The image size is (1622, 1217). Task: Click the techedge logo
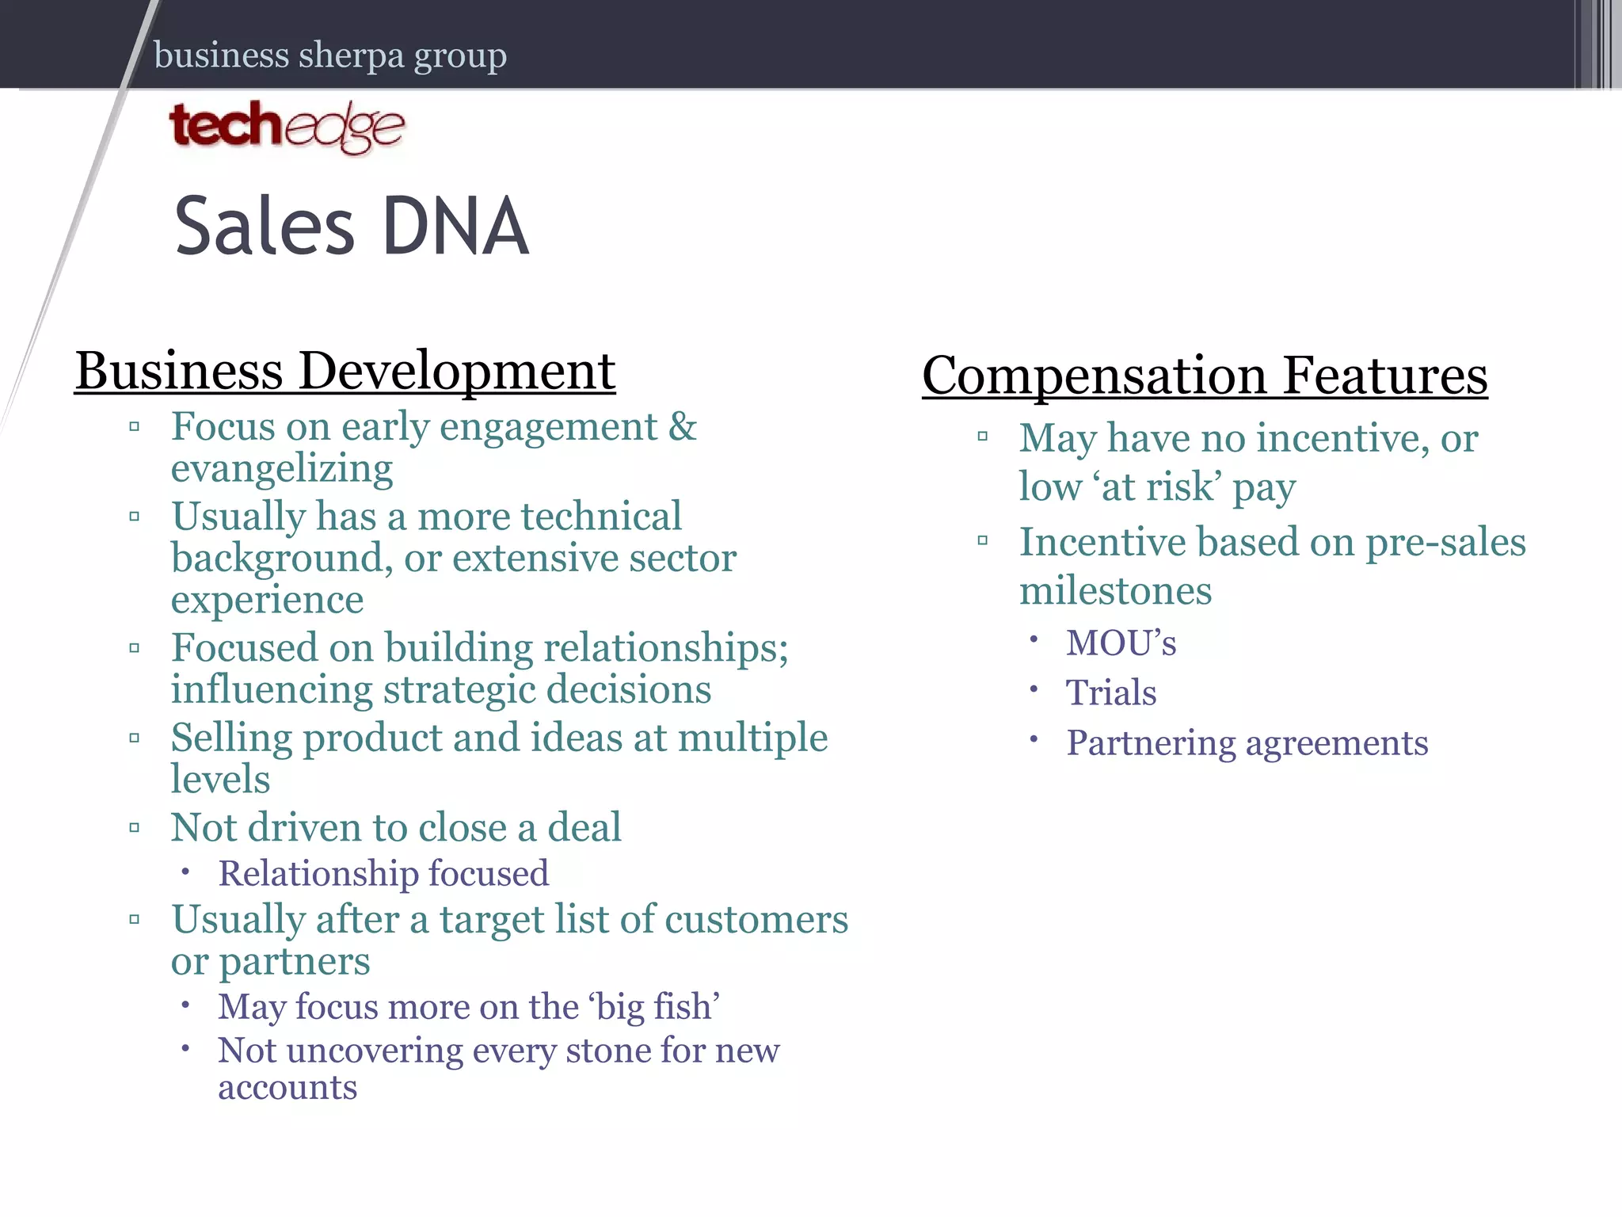[x=287, y=127]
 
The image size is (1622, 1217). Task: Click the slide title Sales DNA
[x=351, y=227]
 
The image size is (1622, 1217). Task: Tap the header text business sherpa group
[x=330, y=55]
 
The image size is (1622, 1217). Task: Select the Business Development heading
[x=345, y=371]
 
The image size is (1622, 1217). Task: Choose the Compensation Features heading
[x=1205, y=376]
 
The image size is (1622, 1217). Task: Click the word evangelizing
[x=282, y=469]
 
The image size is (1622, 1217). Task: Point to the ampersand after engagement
[x=683, y=427]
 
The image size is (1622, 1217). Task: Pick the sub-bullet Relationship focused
[x=383, y=874]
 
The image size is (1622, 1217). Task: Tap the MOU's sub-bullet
[x=1121, y=643]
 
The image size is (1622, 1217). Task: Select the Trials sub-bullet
[x=1111, y=693]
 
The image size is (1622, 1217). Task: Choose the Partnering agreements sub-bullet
[x=1247, y=743]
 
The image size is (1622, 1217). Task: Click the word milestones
[x=1115, y=592]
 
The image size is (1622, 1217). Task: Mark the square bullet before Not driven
[x=135, y=829]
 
